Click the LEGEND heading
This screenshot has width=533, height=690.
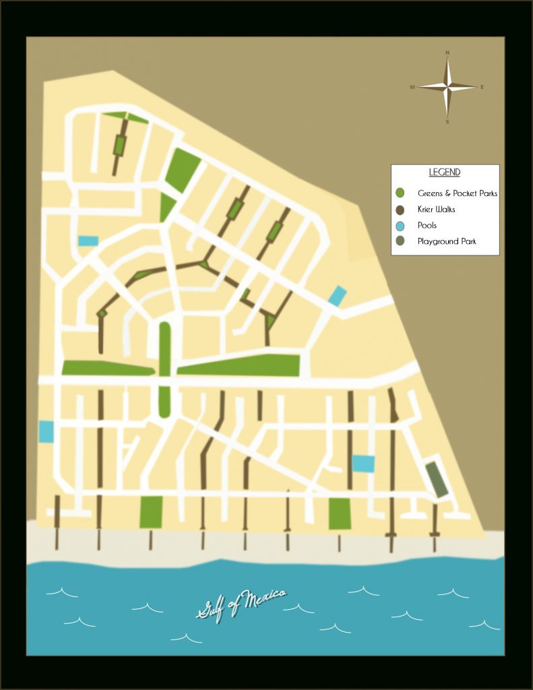445,172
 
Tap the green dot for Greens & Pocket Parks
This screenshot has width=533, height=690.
400,193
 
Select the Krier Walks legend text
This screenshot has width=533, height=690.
436,210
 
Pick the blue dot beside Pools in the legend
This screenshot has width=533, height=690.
400,226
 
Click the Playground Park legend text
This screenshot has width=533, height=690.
446,241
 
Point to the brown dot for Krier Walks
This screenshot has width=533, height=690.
400,210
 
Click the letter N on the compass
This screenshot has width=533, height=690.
447,52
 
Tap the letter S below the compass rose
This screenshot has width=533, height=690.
447,122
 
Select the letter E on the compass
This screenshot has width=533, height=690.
482,87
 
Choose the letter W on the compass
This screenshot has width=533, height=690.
412,87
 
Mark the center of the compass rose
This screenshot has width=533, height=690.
447,87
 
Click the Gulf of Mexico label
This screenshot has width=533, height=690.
241,604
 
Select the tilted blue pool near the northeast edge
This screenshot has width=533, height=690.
337,296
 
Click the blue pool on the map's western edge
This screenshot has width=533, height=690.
46,431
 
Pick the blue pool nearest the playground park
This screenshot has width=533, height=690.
363,464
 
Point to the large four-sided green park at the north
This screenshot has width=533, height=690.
182,166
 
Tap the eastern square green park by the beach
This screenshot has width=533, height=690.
340,514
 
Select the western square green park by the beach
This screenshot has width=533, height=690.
151,512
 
